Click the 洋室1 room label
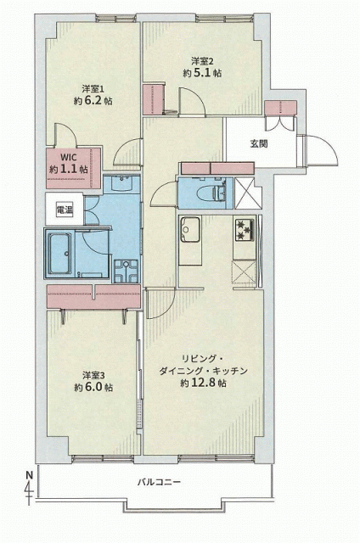point(93,88)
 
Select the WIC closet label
point(69,157)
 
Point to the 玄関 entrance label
point(259,143)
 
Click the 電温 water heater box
point(65,210)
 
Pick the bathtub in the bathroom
point(61,253)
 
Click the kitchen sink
point(190,230)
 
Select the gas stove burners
point(245,230)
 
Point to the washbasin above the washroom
point(121,183)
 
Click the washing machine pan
point(127,271)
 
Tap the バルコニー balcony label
point(159,482)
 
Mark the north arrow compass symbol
point(29,488)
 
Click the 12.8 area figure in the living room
point(208,383)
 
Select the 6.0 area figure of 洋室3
point(93,387)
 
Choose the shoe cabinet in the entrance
point(281,108)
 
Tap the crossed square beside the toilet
point(248,193)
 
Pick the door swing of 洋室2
point(192,101)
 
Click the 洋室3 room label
point(93,375)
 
